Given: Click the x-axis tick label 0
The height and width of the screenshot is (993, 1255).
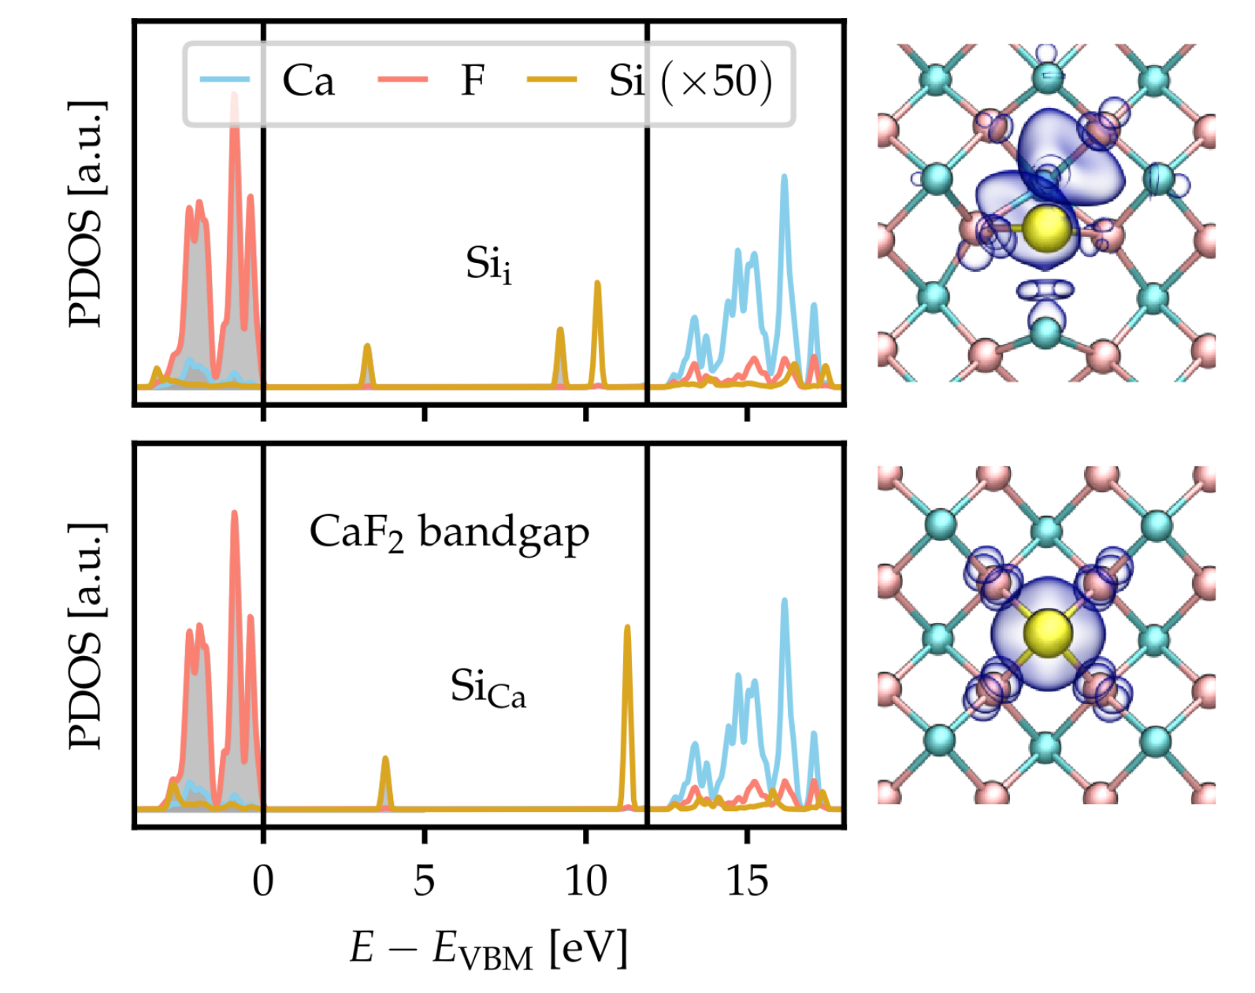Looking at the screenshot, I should coord(263,880).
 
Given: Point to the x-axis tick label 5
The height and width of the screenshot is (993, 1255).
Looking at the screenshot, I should coord(424,880).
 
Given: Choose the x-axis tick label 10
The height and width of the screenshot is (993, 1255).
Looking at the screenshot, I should coord(586,880).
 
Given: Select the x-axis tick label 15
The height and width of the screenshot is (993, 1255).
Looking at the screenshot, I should coord(748,880).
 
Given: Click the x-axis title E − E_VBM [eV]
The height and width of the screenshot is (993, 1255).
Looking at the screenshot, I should coord(488,947).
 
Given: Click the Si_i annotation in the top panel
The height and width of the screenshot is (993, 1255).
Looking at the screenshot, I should coord(488,265).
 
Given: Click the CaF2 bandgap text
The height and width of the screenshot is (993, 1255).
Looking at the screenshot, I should coord(449,533).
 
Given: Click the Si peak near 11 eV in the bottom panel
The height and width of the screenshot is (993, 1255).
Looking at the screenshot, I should coord(627,628).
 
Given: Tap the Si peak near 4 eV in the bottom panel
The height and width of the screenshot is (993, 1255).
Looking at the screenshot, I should coord(385,759).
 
